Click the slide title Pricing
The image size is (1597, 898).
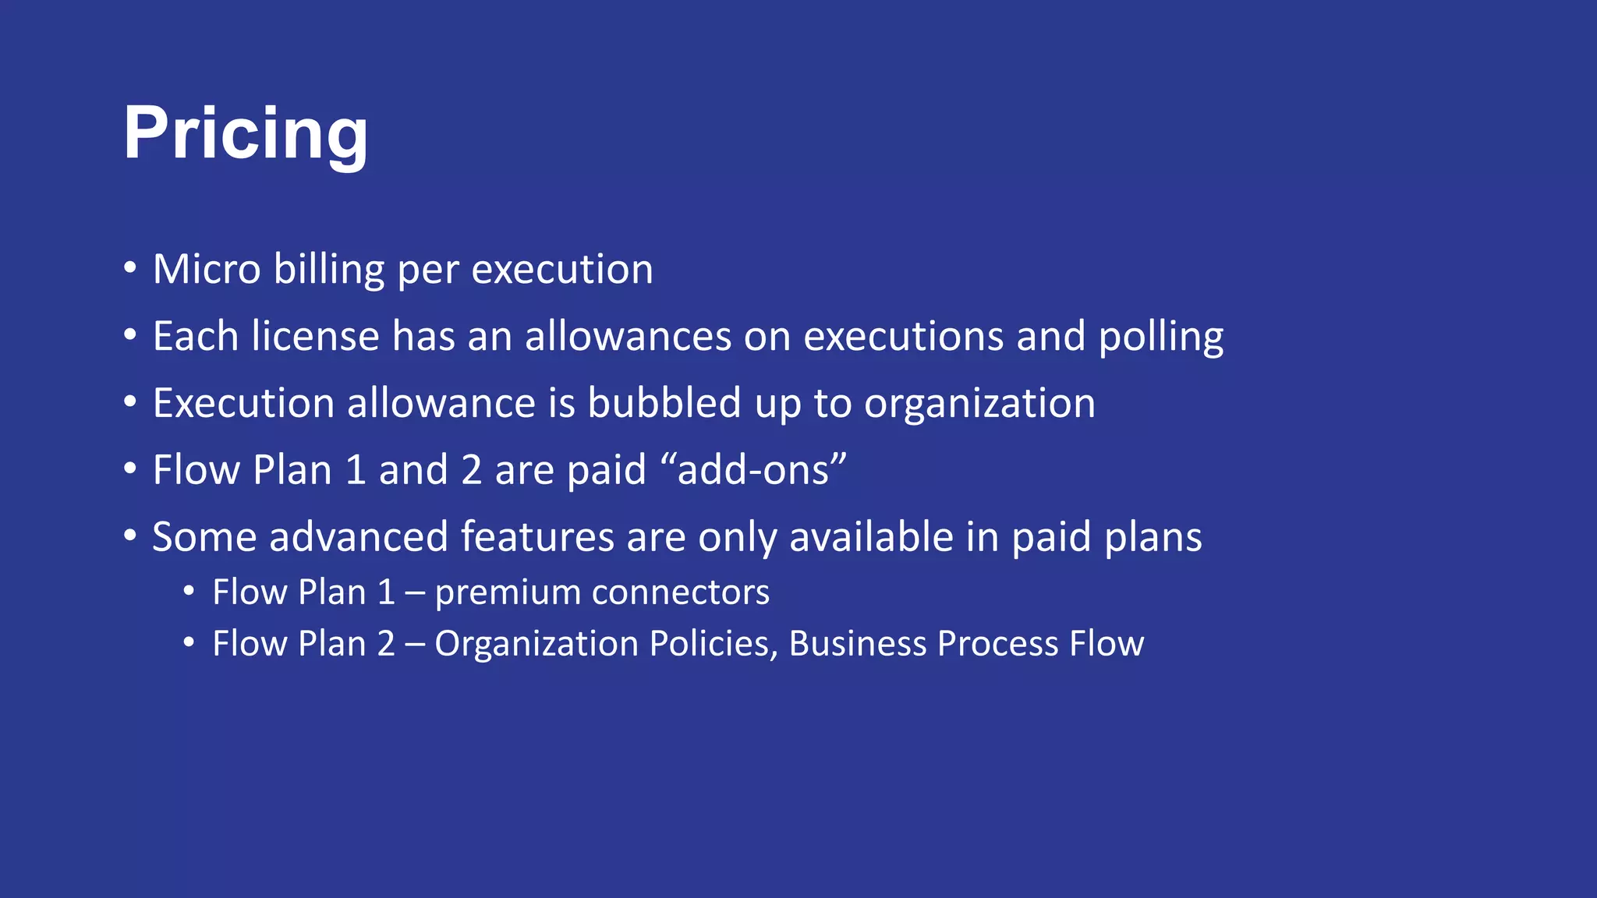point(246,134)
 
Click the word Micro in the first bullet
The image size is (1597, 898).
point(207,270)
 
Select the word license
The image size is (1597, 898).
point(315,337)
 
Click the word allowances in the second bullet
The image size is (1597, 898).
point(628,337)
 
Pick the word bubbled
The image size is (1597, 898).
point(664,404)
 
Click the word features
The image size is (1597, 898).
point(537,538)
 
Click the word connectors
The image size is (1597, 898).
point(681,592)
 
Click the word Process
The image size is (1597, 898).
point(997,645)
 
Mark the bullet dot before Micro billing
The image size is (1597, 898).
point(130,268)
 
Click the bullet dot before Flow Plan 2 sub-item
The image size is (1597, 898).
point(189,643)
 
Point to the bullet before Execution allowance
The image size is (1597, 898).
point(130,402)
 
